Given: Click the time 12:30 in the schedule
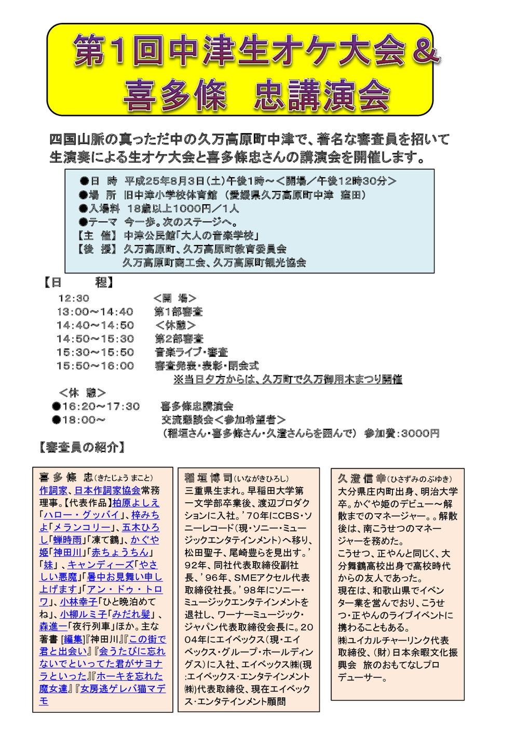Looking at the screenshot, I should (x=74, y=298).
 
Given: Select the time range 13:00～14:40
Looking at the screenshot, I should (x=95, y=312).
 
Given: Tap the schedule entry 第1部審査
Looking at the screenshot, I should (x=178, y=312).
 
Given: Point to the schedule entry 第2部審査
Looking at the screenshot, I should (x=178, y=339).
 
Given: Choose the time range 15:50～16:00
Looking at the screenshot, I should (x=95, y=366).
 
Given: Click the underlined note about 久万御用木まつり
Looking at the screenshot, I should (x=288, y=380).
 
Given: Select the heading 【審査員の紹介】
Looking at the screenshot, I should (x=82, y=447).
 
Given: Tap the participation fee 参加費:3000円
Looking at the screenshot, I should (x=401, y=433).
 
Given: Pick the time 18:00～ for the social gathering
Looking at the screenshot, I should (x=83, y=420).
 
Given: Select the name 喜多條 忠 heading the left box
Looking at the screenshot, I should (x=66, y=477).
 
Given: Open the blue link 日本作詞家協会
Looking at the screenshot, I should (x=107, y=490).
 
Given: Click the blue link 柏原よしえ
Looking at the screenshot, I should (x=136, y=503).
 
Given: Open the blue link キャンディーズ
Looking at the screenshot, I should (x=100, y=565).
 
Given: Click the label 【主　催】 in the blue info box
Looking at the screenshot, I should (x=97, y=236).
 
